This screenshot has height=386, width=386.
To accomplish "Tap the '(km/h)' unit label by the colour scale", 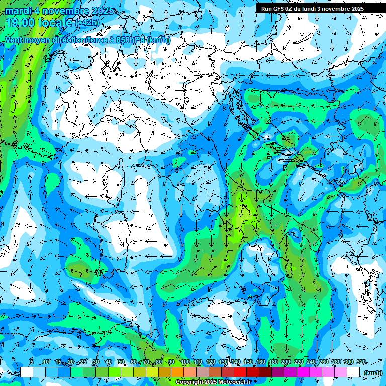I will (372, 372).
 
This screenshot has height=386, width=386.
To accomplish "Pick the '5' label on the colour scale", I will (31, 362).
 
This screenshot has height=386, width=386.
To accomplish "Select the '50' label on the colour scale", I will (121, 362).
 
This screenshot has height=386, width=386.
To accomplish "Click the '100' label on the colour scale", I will (185, 362).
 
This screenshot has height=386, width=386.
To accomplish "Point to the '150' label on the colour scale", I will (248, 362).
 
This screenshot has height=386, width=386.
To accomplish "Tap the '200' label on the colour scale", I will (286, 362).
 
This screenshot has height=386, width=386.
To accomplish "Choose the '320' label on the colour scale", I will (361, 362).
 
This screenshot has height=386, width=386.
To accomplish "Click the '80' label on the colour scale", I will (159, 362).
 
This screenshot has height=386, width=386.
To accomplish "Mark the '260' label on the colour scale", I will (324, 362).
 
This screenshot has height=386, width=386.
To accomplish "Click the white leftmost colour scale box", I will (27, 372).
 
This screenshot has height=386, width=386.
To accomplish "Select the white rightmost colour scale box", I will (353, 372).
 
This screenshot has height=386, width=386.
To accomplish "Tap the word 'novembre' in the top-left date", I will (63, 11).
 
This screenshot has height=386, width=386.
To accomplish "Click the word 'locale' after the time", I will (56, 23).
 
